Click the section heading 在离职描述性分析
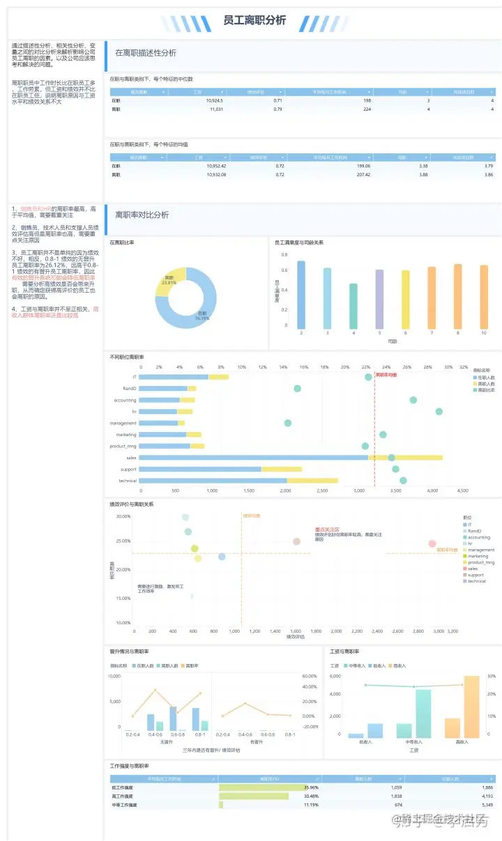[145, 53]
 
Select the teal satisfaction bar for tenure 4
[353, 306]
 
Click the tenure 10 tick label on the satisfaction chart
[484, 334]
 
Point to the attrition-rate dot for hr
[439, 412]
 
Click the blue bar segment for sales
[253, 457]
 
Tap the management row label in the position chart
[123, 423]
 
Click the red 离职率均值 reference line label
[386, 375]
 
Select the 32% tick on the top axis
[464, 367]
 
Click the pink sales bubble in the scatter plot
[432, 543]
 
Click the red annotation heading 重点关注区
[327, 530]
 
